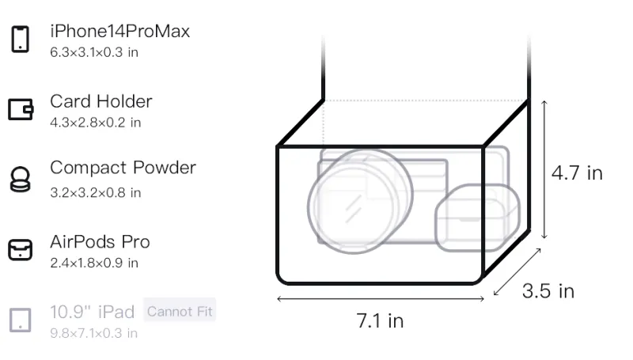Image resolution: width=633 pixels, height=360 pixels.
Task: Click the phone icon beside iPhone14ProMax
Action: point(21,39)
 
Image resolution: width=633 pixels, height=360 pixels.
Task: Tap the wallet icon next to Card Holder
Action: point(21,109)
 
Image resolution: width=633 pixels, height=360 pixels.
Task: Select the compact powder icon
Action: point(21,179)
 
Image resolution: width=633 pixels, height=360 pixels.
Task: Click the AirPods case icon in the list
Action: point(21,250)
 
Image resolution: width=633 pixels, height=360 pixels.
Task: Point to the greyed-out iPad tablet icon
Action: point(21,320)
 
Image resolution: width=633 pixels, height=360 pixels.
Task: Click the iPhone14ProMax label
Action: point(120,31)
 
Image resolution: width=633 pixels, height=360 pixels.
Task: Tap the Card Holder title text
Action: point(101,101)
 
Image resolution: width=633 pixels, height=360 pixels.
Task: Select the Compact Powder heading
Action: point(123,168)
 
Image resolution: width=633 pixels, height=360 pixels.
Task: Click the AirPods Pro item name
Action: point(100,242)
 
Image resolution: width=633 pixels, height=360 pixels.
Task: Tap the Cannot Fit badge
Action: point(180,311)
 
